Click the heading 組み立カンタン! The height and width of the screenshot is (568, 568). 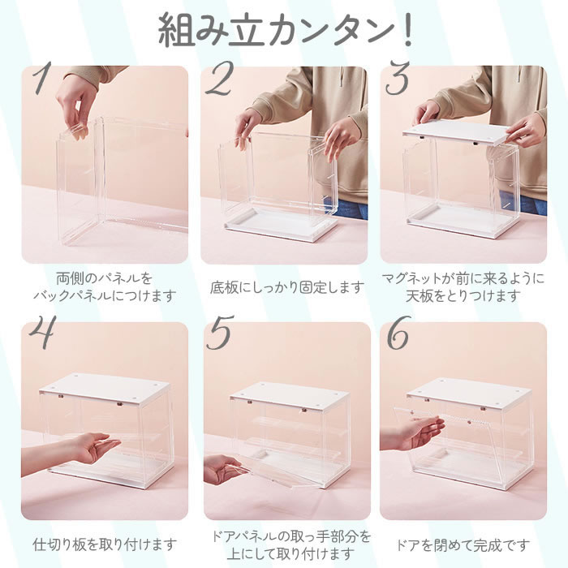point(286,30)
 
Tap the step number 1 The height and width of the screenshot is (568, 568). point(41,78)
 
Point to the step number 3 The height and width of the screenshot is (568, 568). point(398,78)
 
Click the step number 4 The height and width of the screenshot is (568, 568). point(43,333)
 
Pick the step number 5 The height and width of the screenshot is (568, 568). point(220,333)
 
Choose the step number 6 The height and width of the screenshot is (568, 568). point(398,333)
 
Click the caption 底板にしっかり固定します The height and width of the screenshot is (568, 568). point(287,287)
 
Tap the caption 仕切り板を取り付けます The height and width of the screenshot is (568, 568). point(105,544)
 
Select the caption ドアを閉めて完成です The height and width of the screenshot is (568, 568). point(463,544)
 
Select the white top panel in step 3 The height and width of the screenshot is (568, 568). point(455,132)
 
